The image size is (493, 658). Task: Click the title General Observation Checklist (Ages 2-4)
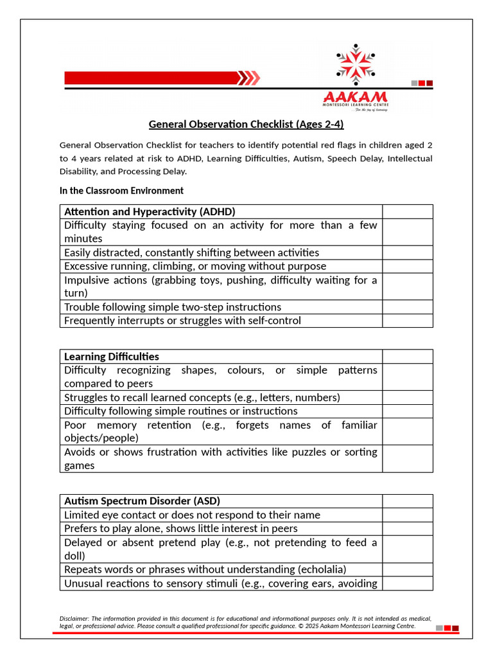tap(246, 124)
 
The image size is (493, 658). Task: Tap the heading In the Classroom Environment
tap(121, 191)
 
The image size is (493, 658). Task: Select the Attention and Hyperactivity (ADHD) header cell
tap(150, 211)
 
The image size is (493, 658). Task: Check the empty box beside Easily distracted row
tap(408, 253)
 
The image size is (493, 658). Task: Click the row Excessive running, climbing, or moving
tap(195, 266)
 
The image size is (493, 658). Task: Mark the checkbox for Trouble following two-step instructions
tap(408, 307)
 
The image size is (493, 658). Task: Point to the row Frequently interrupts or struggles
tap(182, 321)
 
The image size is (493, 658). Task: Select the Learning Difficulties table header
tap(112, 357)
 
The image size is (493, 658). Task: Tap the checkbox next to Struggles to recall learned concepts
tap(408, 397)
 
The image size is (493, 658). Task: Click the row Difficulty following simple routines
tap(181, 411)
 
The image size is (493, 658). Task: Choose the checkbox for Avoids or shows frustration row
tap(408, 459)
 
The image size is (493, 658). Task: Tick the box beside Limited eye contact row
tap(408, 515)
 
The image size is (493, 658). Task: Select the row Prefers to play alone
tap(181, 528)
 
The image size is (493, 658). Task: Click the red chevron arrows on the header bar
tap(249, 78)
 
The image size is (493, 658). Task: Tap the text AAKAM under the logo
tap(356, 97)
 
